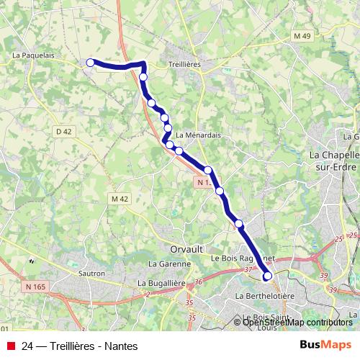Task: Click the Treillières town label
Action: click(x=182, y=64)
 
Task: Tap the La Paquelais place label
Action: click(x=34, y=54)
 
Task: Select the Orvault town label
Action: click(x=185, y=249)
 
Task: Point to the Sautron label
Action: click(x=91, y=274)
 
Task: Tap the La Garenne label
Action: click(x=166, y=264)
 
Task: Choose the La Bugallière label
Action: click(x=162, y=284)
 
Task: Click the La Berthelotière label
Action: click(x=266, y=296)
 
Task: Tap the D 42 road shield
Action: click(x=63, y=131)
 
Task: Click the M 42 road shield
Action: click(x=119, y=198)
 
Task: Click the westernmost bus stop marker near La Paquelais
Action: click(x=91, y=63)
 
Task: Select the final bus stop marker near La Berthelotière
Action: click(x=268, y=276)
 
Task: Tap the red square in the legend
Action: click(x=10, y=346)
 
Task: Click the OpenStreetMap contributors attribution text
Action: click(x=298, y=322)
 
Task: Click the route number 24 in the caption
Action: click(x=28, y=346)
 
